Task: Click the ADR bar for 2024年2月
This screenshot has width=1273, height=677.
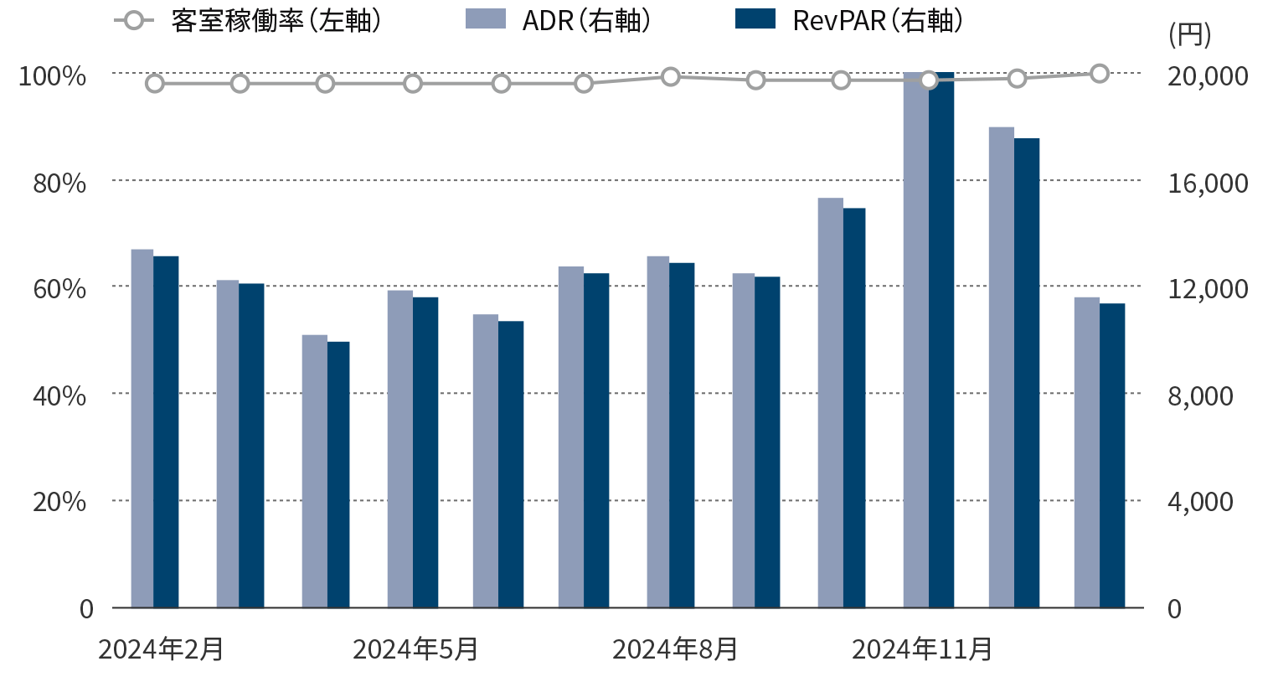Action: tap(142, 427)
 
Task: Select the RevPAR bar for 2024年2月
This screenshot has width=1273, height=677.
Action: tap(166, 432)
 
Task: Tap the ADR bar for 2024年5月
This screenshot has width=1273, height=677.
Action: tap(399, 448)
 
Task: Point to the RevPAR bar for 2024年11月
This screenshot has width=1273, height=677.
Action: tap(941, 339)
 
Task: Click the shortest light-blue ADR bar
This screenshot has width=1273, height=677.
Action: tap(314, 471)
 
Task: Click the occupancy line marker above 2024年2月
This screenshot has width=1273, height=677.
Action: tap(155, 83)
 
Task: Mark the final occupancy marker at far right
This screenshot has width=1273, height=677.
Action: tap(1100, 74)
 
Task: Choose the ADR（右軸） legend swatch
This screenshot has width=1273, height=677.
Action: tap(486, 19)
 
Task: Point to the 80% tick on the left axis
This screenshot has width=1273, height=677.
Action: tap(59, 183)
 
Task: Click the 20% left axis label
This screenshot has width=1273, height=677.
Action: tap(59, 502)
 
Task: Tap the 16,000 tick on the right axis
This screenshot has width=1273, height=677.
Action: tap(1200, 183)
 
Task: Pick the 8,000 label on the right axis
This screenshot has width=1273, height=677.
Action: tap(1200, 395)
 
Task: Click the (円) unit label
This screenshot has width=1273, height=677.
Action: tap(1189, 35)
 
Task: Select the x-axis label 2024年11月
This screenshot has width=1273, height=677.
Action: tap(922, 649)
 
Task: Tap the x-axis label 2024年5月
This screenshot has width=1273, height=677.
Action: tap(415, 649)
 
